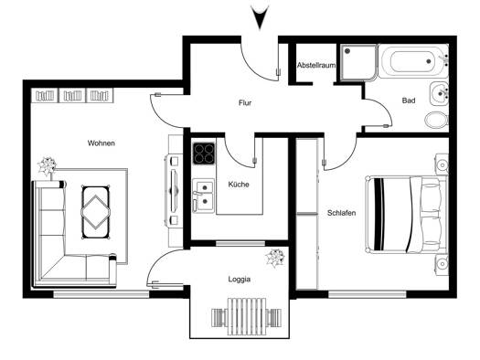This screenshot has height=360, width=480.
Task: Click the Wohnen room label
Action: pyautogui.click(x=101, y=143)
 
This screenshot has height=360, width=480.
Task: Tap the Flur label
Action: pyautogui.click(x=245, y=102)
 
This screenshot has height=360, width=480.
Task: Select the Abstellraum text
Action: pyautogui.click(x=316, y=65)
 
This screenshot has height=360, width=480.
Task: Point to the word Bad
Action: pyautogui.click(x=409, y=101)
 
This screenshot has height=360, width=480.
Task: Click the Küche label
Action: pyautogui.click(x=239, y=185)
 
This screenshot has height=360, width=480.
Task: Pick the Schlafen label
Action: pyautogui.click(x=341, y=213)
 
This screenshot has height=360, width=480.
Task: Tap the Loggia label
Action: pyautogui.click(x=240, y=280)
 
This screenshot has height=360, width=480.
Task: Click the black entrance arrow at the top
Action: pyautogui.click(x=260, y=17)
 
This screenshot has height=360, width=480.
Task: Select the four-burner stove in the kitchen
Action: pyautogui.click(x=204, y=154)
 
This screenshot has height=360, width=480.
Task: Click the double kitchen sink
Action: pyautogui.click(x=203, y=196)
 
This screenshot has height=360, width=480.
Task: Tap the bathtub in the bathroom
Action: pyautogui.click(x=411, y=61)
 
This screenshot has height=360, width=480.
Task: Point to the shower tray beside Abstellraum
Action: pyautogui.click(x=358, y=63)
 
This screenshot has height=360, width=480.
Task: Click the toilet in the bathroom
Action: pyautogui.click(x=436, y=120)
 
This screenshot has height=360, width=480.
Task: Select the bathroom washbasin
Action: pyautogui.click(x=439, y=93)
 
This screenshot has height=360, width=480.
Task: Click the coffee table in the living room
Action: pyautogui.click(x=95, y=212)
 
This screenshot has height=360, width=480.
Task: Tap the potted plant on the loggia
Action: pyautogui.click(x=275, y=258)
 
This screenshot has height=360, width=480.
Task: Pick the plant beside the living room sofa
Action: pyautogui.click(x=47, y=166)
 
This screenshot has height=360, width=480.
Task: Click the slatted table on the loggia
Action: pyautogui.click(x=247, y=316)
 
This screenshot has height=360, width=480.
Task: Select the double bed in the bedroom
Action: pyautogui.click(x=407, y=215)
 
